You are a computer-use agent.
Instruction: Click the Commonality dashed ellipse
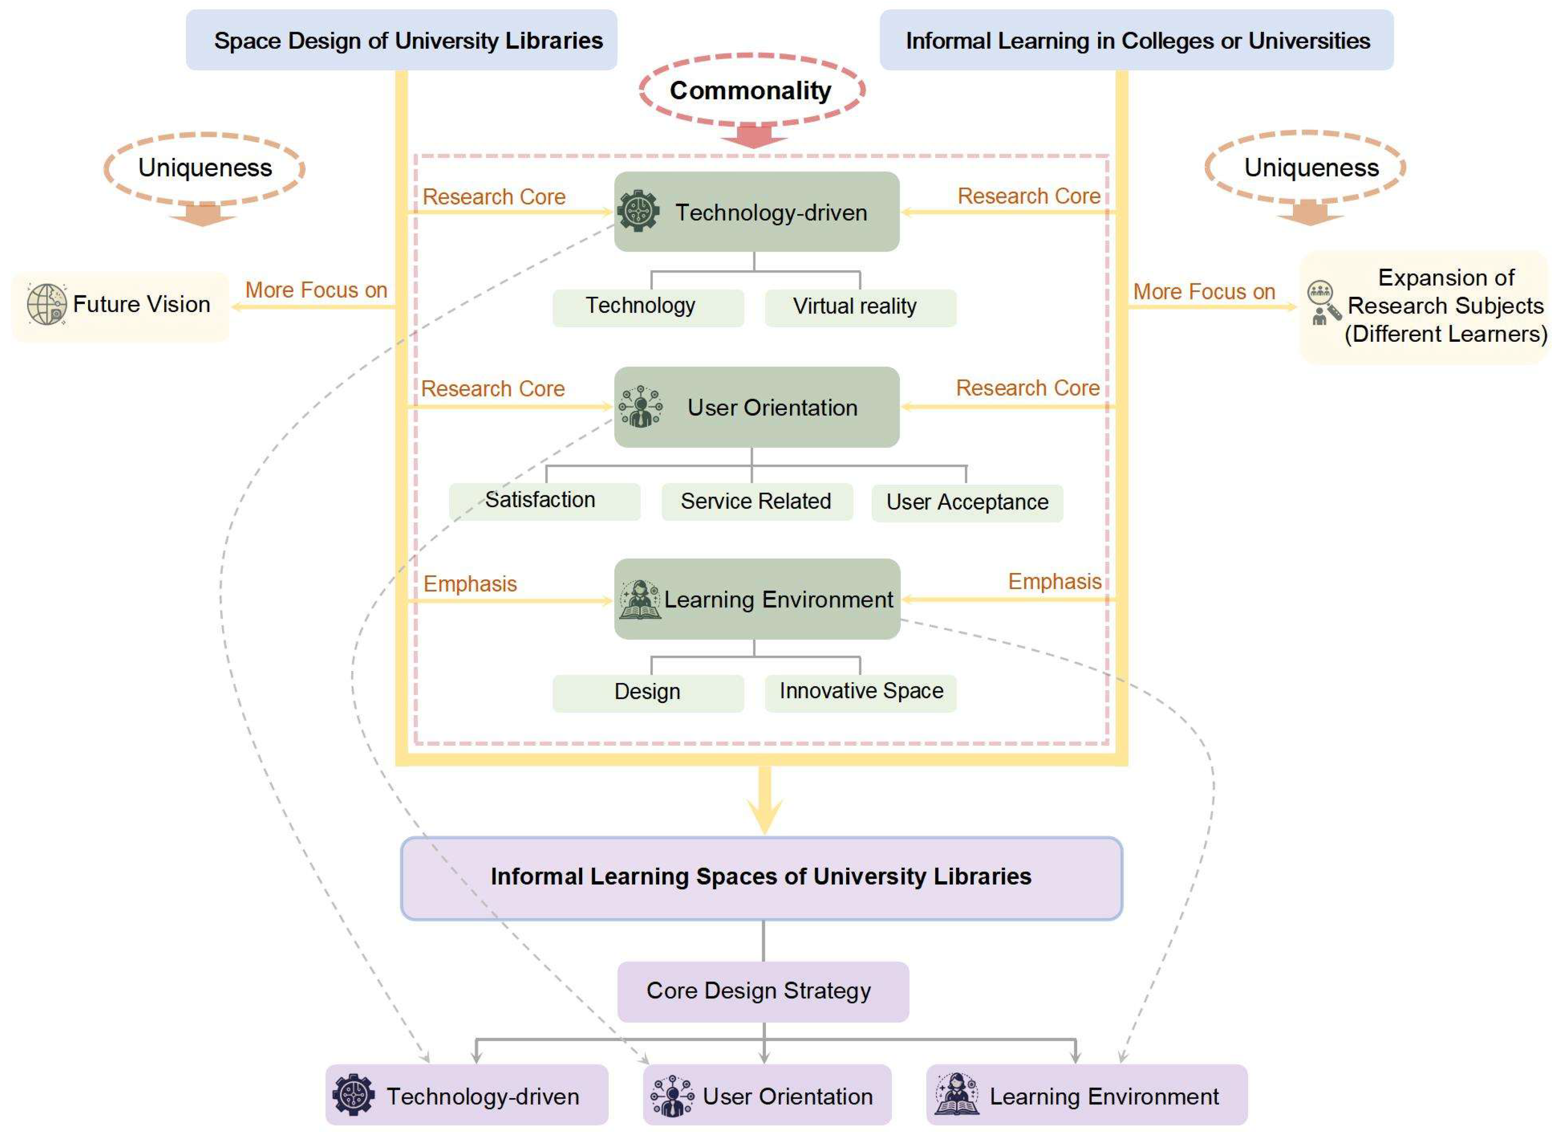752,91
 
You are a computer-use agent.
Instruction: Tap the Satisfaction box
544,501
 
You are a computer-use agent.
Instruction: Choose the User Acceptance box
967,503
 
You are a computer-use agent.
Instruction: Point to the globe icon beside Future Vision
47,304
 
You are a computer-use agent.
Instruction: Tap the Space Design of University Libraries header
401,40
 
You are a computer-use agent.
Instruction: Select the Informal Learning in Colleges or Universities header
1136,40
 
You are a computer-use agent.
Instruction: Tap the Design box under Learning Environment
648,692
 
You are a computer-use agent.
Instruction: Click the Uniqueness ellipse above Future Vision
204,168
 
